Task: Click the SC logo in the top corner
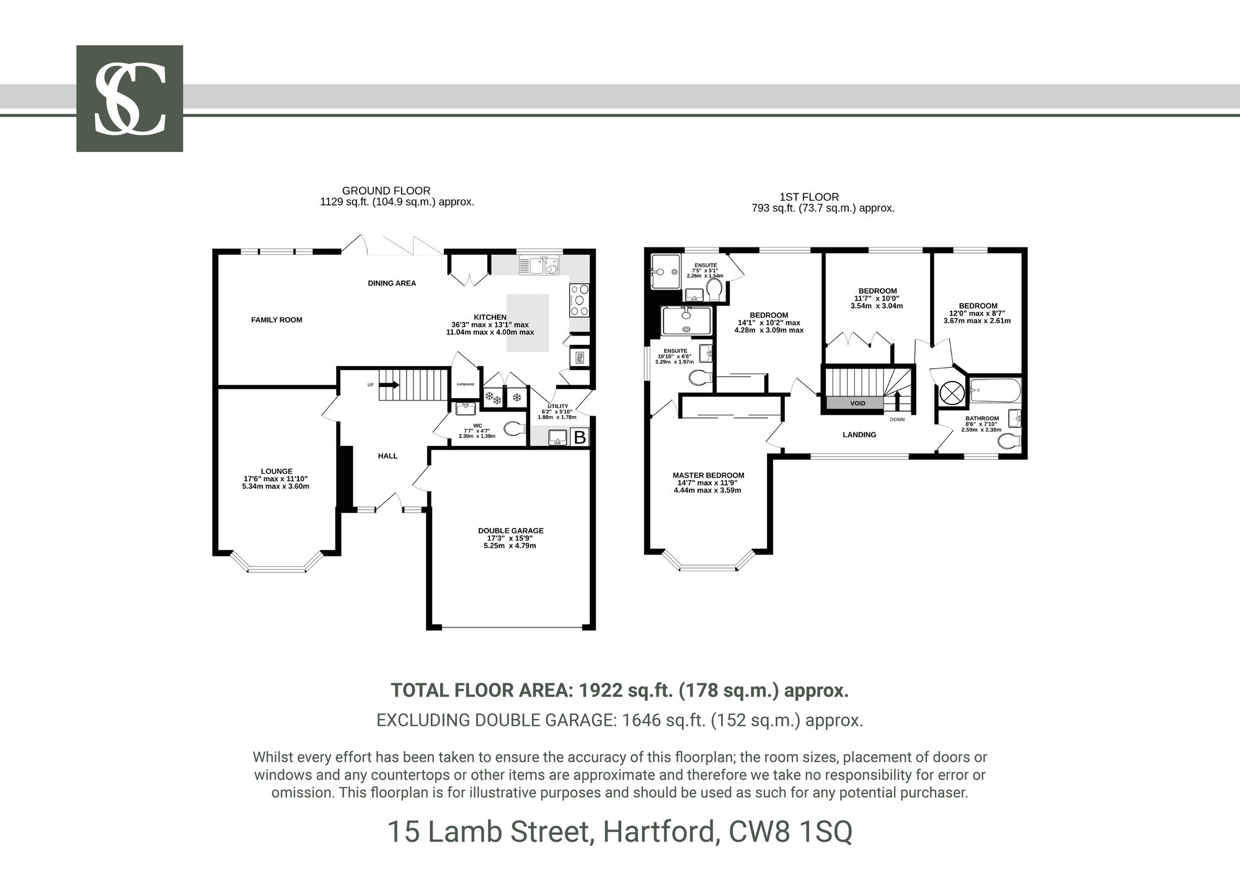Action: pos(130,99)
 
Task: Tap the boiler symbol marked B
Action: pos(580,437)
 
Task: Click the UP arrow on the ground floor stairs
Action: pos(389,385)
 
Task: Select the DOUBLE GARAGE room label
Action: pos(510,531)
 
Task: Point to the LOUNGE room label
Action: pos(277,471)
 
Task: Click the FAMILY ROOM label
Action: pos(277,320)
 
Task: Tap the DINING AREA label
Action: pos(392,283)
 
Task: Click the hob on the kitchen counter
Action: pos(579,300)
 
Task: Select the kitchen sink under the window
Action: pos(539,265)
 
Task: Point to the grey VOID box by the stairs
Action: pos(857,403)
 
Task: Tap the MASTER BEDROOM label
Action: pos(708,476)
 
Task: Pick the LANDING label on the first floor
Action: pos(859,435)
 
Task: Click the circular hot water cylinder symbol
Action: pos(951,393)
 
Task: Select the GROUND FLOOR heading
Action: pos(386,191)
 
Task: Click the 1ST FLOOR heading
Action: pos(818,197)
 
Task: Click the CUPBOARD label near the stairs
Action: pos(465,385)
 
